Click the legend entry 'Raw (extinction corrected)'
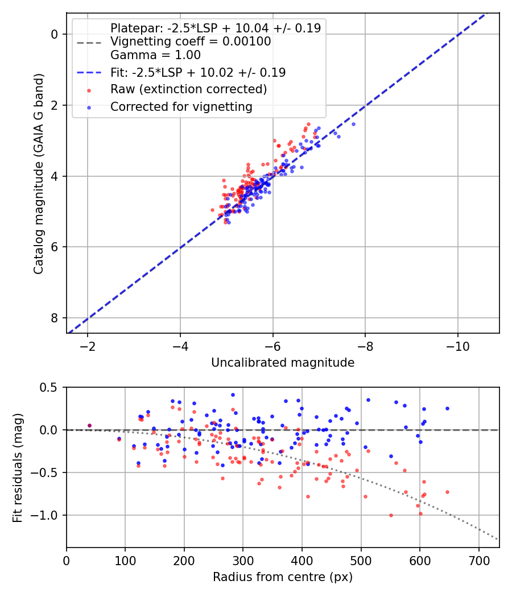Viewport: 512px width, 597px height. pyautogui.click(x=188, y=89)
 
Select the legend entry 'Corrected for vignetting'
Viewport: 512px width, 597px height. pyautogui.click(x=181, y=106)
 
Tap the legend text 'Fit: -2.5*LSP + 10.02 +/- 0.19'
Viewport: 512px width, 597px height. pyautogui.click(x=198, y=72)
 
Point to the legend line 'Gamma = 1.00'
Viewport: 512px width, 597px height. pyautogui.click(x=155, y=55)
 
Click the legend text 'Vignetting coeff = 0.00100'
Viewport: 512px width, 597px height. pyautogui.click(x=191, y=42)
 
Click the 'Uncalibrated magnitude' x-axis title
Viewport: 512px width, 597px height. pyautogui.click(x=283, y=363)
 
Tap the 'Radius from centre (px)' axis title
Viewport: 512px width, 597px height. pyautogui.click(x=283, y=577)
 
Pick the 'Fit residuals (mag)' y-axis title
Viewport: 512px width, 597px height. pyautogui.click(x=18, y=467)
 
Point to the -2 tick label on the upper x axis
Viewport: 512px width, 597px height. pyautogui.click(x=87, y=346)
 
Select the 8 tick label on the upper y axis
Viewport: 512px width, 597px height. pyautogui.click(x=55, y=318)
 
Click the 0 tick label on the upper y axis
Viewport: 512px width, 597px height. pyautogui.click(x=55, y=34)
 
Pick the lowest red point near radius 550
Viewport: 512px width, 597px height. pyautogui.click(x=391, y=515)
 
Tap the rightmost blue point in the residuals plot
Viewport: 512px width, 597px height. pyautogui.click(x=447, y=408)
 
